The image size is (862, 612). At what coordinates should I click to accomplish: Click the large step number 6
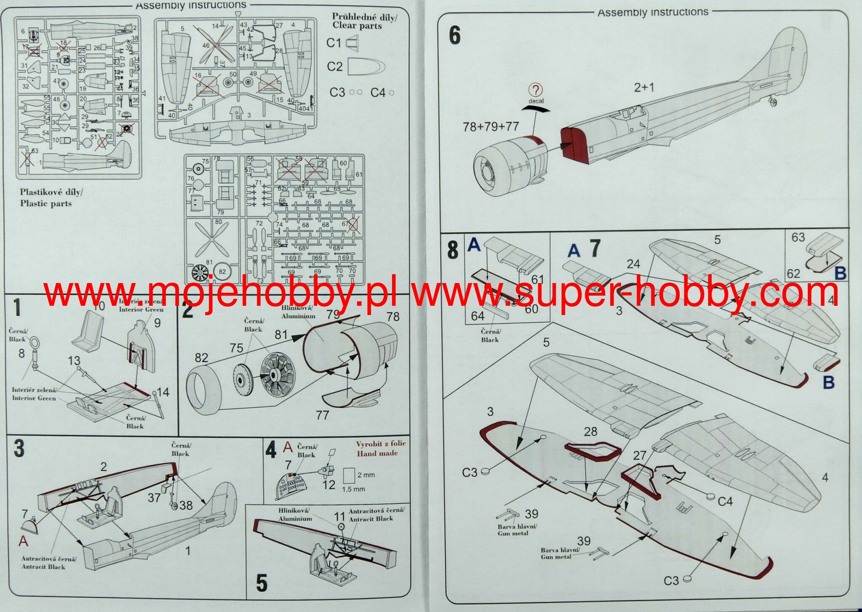click(455, 35)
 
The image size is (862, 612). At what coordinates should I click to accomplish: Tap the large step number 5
click(262, 583)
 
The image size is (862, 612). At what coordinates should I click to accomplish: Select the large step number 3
click(19, 448)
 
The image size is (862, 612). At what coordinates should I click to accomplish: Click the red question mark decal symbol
click(535, 90)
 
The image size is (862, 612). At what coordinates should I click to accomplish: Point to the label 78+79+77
click(491, 126)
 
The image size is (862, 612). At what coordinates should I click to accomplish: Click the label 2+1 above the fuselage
click(644, 88)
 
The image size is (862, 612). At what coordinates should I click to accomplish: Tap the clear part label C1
click(334, 43)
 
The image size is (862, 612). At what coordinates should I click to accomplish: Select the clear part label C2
click(335, 67)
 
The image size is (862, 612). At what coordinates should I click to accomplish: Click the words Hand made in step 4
click(377, 454)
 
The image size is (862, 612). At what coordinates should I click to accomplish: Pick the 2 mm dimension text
click(366, 475)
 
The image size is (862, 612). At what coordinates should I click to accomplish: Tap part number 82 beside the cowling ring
click(201, 358)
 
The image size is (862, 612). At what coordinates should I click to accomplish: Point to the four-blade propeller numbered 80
click(212, 240)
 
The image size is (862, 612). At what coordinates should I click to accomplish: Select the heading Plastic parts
click(46, 203)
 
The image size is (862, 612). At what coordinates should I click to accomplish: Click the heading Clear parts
click(357, 26)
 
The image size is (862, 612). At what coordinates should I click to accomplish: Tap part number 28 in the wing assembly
click(590, 431)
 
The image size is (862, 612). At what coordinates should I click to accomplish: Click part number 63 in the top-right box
click(798, 238)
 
